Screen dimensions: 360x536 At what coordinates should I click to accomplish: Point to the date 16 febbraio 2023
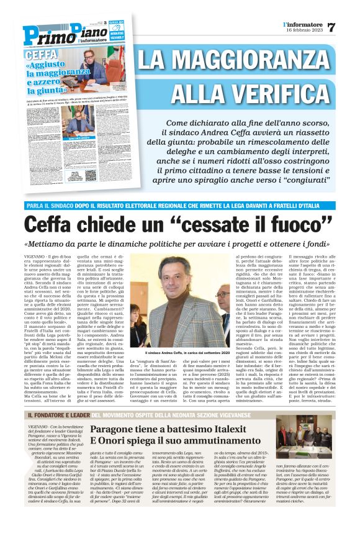305,30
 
